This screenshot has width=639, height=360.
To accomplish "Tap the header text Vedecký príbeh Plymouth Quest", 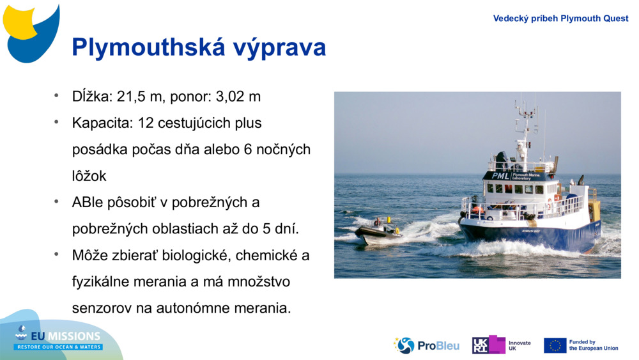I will pyautogui.click(x=560, y=19).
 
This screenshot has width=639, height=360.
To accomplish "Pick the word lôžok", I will pyautogui.click(x=89, y=176).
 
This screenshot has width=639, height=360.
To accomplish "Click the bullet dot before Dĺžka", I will pyautogui.click(x=56, y=96).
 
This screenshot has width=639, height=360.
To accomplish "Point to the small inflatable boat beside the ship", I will pyautogui.click(x=377, y=232).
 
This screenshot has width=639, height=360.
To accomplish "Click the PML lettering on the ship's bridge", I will pyautogui.click(x=500, y=175).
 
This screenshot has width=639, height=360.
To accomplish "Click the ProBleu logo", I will pyautogui.click(x=426, y=345).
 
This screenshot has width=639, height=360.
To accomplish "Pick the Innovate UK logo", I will pyautogui.click(x=501, y=345).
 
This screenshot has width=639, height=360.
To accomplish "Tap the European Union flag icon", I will pyautogui.click(x=555, y=345).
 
